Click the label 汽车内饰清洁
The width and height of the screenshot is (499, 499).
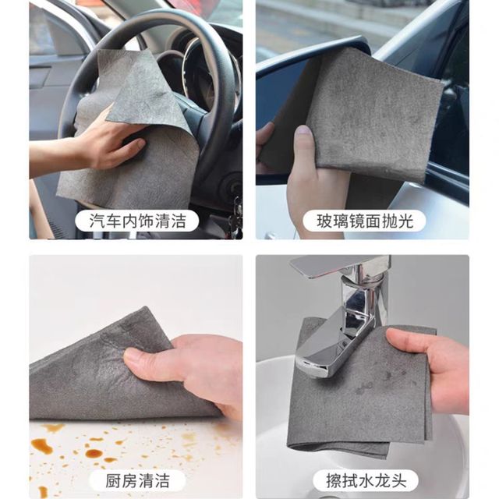pos(137,221)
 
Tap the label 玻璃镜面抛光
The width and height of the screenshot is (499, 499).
pos(365,221)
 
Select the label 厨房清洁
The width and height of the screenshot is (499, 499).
pos(137,481)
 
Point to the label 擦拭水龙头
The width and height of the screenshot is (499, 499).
pos(366,481)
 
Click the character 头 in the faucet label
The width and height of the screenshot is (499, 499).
pos(399,481)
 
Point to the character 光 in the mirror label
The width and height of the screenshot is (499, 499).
pos(405,221)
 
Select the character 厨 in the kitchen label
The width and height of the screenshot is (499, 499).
pos(113,481)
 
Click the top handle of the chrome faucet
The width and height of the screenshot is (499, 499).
pos(340,265)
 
